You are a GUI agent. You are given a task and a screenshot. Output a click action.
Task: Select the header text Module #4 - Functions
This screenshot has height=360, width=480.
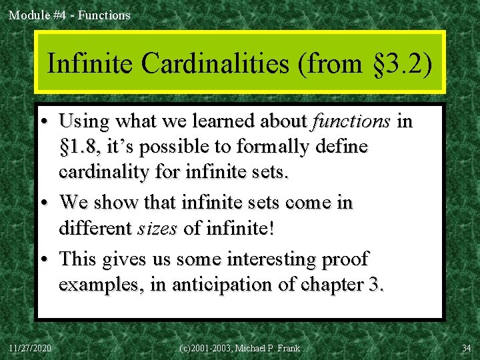pyautogui.click(x=69, y=15)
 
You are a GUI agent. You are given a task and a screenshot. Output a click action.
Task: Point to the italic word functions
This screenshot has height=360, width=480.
pyautogui.click(x=350, y=121)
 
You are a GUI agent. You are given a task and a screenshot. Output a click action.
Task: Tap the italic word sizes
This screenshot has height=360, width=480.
pyautogui.click(x=157, y=229)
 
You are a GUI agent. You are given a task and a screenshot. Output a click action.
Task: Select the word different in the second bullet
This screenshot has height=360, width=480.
pyautogui.click(x=95, y=229)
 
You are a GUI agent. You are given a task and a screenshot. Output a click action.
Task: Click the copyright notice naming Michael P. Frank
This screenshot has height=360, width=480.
pyautogui.click(x=239, y=348)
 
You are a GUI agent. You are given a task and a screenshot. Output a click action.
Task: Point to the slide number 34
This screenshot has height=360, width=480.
pyautogui.click(x=465, y=348)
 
